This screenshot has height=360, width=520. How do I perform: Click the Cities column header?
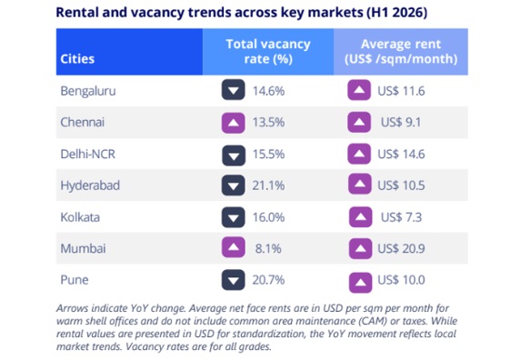tap(77, 59)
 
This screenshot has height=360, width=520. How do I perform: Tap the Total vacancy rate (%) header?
tap(268, 52)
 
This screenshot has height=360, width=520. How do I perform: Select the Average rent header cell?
tap(401, 52)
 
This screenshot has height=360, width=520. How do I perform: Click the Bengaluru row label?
tap(88, 91)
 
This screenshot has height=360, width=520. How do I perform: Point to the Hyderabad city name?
tap(90, 185)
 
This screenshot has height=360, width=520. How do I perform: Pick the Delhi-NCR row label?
tap(87, 155)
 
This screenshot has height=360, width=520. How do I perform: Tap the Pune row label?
tap(75, 280)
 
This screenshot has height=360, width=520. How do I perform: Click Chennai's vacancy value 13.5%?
tap(268, 123)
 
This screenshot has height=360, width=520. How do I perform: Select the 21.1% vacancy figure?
tap(268, 185)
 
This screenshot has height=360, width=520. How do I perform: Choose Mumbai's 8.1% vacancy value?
tap(268, 248)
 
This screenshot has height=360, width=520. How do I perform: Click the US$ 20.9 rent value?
tap(401, 248)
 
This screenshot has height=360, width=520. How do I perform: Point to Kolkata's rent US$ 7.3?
tap(401, 217)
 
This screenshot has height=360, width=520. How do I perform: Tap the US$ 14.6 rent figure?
tap(401, 155)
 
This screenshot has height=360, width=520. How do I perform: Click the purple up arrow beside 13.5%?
tap(233, 123)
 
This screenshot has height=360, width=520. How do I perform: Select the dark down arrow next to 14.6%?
tap(233, 90)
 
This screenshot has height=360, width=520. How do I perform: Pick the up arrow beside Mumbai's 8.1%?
tap(233, 247)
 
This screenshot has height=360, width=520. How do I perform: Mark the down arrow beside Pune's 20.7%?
tap(233, 280)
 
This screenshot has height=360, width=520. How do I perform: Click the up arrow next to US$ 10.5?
tap(359, 184)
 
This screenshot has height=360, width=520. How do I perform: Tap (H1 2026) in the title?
tap(396, 13)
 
